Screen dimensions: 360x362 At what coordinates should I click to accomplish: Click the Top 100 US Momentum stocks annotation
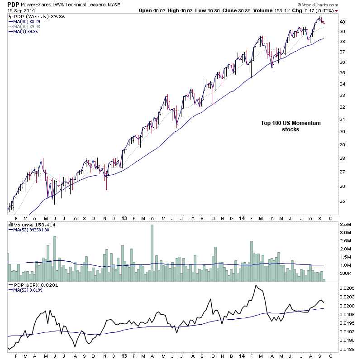[284, 126]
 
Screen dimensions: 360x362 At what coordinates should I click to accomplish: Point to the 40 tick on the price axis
[343, 22]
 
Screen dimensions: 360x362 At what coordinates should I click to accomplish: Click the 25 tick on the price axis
[343, 202]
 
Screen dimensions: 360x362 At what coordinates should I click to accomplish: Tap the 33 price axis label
[343, 96]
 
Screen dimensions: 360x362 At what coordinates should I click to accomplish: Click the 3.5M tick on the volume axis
[346, 225]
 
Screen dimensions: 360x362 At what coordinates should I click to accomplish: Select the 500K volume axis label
[346, 274]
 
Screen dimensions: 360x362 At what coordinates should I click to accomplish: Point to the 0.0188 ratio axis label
[348, 349]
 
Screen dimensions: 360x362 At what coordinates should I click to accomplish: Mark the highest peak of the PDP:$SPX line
[256, 285]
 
